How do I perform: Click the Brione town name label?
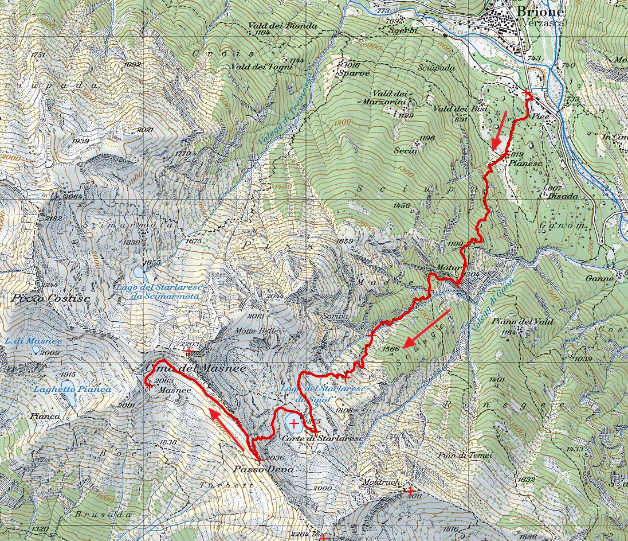[540, 12]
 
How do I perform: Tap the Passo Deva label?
[264, 469]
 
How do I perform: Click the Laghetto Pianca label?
[72, 389]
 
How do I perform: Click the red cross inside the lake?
[295, 424]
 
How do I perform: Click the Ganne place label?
[600, 278]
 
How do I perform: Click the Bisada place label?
[564, 196]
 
